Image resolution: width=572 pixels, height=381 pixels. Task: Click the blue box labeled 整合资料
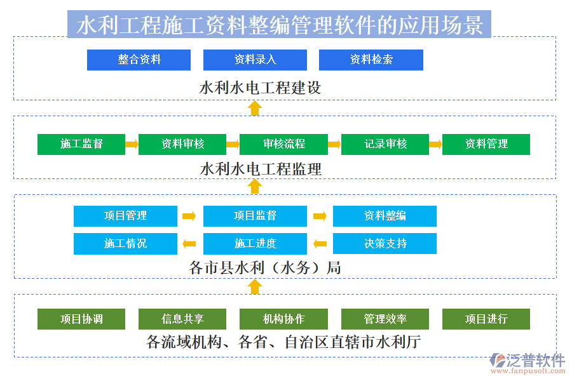coord(139,60)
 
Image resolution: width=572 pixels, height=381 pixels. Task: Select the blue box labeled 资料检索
coord(371,60)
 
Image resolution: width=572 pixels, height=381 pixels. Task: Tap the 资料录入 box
coord(255,60)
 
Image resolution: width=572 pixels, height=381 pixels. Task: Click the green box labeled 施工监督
coord(81,144)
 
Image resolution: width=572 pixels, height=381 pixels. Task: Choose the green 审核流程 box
coord(283,144)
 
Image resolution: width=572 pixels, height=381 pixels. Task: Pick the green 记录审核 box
coord(385,144)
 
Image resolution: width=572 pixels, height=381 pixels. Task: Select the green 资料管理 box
coord(486,144)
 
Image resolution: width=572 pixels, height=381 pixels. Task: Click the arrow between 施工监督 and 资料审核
coord(132,144)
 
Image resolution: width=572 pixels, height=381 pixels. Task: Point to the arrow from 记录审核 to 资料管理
coord(435,144)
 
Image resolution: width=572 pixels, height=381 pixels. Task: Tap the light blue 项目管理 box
coord(125,216)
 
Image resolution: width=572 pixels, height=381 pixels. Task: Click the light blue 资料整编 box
coord(385,216)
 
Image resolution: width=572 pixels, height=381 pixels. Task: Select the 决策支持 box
coord(385,243)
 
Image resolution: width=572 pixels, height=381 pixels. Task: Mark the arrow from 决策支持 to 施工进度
coord(320,243)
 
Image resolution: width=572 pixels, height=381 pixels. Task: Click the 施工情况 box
coord(125,243)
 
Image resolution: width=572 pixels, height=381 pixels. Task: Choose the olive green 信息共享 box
coord(182,319)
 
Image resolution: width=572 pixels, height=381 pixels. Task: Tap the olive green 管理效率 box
coord(385,319)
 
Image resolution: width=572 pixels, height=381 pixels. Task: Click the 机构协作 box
coord(283,319)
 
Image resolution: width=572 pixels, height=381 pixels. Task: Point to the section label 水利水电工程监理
coord(261,169)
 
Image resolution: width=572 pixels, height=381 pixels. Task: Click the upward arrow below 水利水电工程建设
coord(255,108)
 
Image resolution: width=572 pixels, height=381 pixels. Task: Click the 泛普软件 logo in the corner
coord(528,363)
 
